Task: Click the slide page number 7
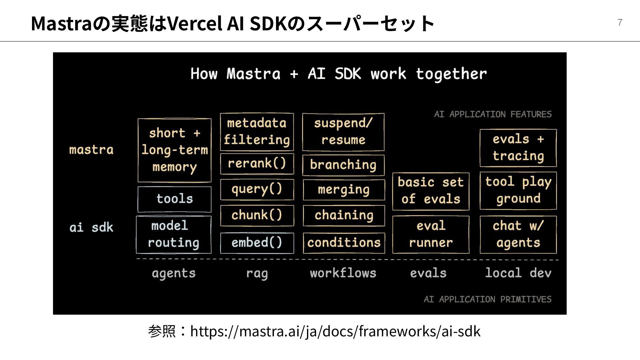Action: coord(620,22)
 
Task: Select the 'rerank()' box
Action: coord(257,164)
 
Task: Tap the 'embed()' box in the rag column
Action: coord(257,243)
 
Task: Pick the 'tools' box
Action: coord(174,199)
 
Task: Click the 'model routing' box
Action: coord(174,234)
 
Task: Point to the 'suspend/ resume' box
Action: coord(343,132)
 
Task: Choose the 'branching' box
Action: coord(343,165)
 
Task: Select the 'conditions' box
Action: coord(344,243)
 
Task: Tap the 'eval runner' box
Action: coord(431,234)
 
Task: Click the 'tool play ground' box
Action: coord(518,191)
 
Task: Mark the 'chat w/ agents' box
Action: coord(518,234)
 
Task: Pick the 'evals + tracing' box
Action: coord(518,148)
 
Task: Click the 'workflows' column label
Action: coord(343,273)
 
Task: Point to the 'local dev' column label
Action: coord(518,273)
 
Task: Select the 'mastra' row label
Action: coord(91,150)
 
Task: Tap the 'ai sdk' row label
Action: coord(91,228)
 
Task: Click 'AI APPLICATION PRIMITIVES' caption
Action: coord(487,299)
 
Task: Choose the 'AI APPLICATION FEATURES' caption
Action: coord(493,114)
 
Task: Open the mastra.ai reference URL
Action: coord(335,331)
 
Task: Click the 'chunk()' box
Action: coord(257,215)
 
